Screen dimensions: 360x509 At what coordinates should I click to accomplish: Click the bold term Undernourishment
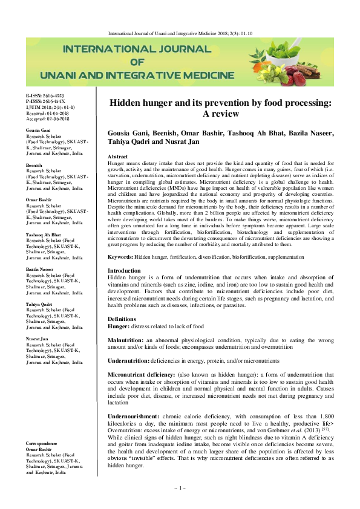(x=133, y=417)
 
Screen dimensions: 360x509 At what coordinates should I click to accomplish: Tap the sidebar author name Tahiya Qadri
(x=39, y=304)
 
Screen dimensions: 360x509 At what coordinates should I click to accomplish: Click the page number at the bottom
(x=180, y=487)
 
